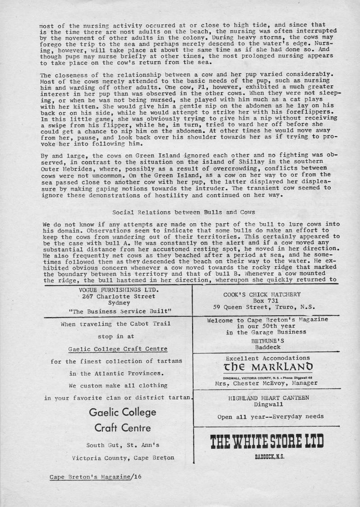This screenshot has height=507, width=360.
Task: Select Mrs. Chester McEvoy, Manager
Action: tap(266, 383)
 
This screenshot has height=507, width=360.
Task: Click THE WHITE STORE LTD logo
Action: tap(267, 442)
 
